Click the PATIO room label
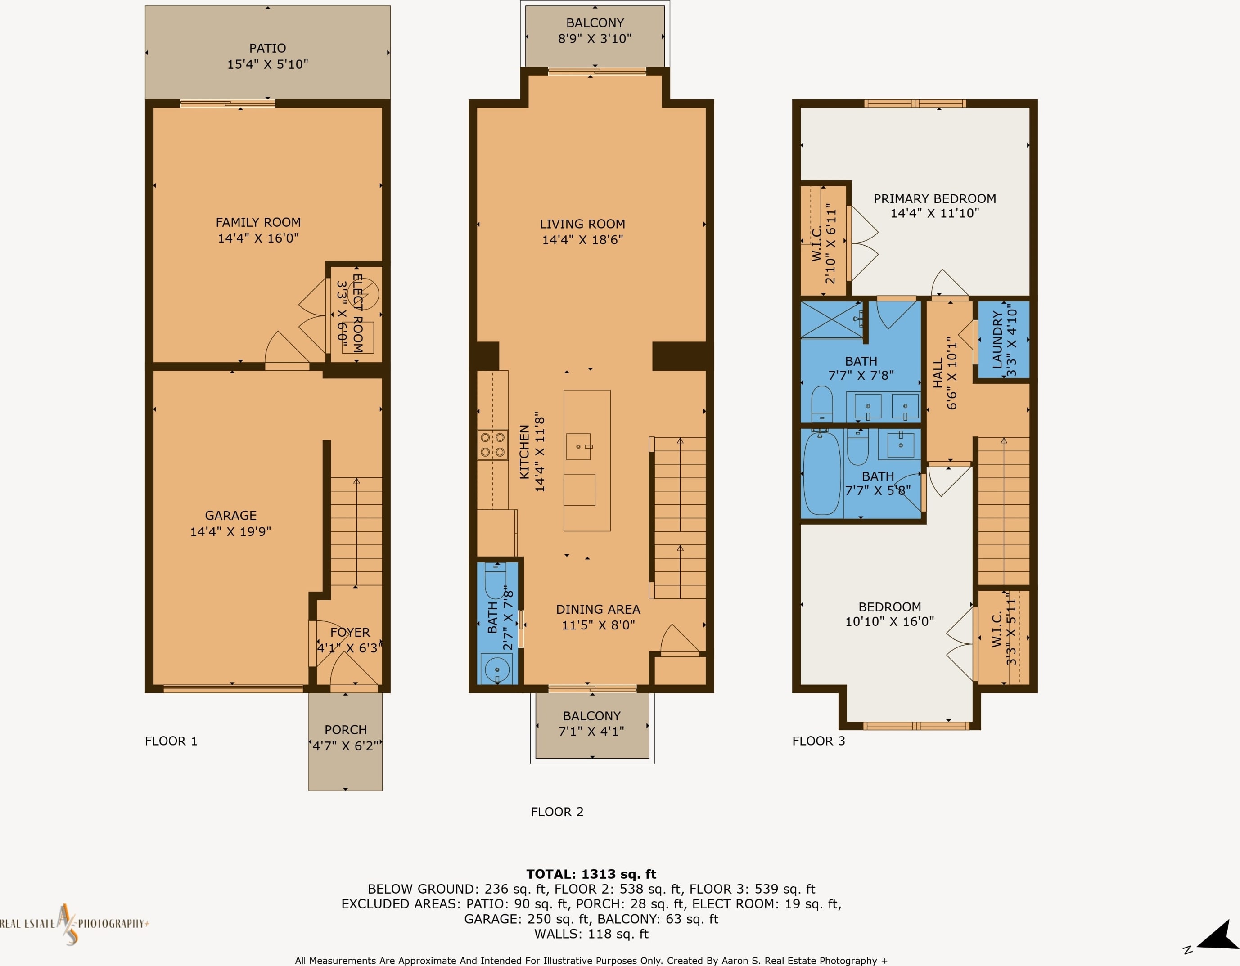click(267, 48)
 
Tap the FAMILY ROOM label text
click(258, 222)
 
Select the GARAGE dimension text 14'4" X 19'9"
click(230, 532)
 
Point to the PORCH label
click(345, 730)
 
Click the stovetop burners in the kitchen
click(492, 445)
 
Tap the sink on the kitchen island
click(578, 447)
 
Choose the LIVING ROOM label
click(582, 224)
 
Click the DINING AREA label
click(598, 610)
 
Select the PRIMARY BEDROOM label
click(934, 199)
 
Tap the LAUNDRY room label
click(997, 340)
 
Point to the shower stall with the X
click(832, 320)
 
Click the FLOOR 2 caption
click(557, 812)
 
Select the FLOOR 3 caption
click(819, 741)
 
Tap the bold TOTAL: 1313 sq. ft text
click(591, 874)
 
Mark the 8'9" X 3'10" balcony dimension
click(595, 39)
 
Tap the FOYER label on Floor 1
click(350, 632)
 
